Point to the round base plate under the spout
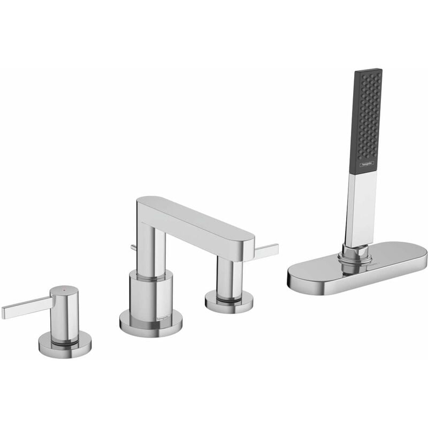(x=150, y=324)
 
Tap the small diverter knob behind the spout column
(x=133, y=247)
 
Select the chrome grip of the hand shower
(x=360, y=209)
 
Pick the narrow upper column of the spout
(x=148, y=243)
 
